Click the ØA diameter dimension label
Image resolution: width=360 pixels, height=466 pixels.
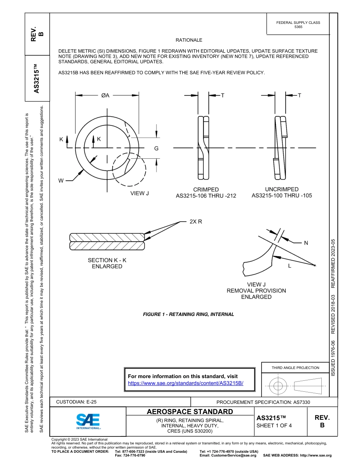pyautogui.click(x=105, y=95)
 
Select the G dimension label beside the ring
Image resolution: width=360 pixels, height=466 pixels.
pyautogui.click(x=156, y=149)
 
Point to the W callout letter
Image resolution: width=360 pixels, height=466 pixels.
pyautogui.click(x=61, y=181)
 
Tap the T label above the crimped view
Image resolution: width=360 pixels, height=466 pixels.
pyautogui.click(x=223, y=95)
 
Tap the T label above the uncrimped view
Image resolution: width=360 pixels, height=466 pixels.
pyautogui.click(x=299, y=95)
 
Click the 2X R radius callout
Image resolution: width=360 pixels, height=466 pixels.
pyautogui.click(x=196, y=222)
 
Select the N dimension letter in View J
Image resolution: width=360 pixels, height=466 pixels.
pyautogui.click(x=306, y=243)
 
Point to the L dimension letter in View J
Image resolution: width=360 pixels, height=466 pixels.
pyautogui.click(x=290, y=266)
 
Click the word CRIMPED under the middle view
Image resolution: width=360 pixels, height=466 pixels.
pyautogui.click(x=206, y=189)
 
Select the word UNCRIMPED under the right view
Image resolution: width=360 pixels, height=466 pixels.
pyautogui.click(x=282, y=189)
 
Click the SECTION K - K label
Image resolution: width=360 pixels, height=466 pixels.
pyautogui.click(x=107, y=260)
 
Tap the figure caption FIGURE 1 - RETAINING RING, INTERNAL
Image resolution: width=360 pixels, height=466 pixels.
pyautogui.click(x=188, y=314)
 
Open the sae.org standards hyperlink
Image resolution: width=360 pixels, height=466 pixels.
pyautogui.click(x=185, y=383)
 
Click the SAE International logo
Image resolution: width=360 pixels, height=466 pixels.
pyautogui.click(x=88, y=421)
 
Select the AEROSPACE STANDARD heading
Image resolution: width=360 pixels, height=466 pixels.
pyautogui.click(x=190, y=411)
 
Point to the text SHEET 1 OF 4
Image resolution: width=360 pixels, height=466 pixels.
pyautogui.click(x=274, y=425)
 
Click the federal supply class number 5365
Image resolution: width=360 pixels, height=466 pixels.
pyautogui.click(x=298, y=27)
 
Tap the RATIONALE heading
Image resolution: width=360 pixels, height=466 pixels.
pyautogui.click(x=189, y=40)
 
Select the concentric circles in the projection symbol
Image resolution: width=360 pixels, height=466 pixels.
pyautogui.click(x=278, y=386)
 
